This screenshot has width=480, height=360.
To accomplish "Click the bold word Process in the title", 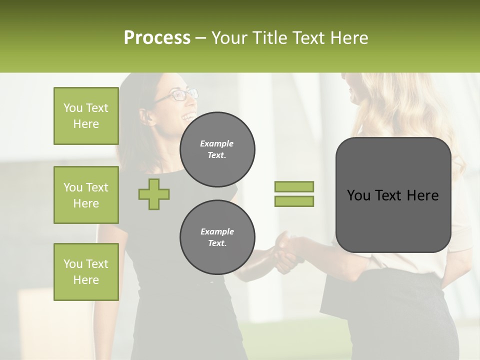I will tap(157, 38).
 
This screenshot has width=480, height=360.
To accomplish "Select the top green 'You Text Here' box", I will tap(86, 116).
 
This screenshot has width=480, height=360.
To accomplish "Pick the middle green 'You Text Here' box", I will tap(86, 195).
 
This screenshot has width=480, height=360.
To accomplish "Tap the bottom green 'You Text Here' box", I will tap(86, 272).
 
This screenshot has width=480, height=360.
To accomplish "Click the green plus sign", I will tap(154, 194).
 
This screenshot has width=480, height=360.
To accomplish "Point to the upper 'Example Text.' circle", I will tap(217, 149).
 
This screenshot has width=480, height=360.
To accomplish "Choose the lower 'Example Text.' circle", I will tap(217, 237).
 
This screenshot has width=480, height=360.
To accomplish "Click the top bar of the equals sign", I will tap(294, 187).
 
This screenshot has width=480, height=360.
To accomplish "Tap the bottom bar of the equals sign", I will tap(294, 201).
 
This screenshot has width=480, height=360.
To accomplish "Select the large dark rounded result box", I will tap(393, 195).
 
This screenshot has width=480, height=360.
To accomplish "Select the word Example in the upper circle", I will tap(217, 143).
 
